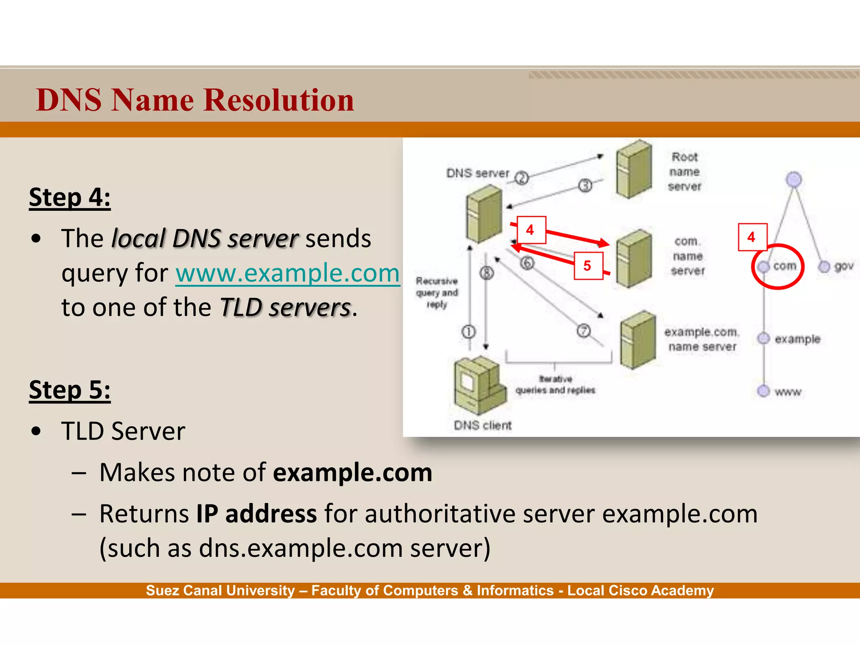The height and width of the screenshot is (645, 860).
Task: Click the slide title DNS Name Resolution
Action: click(195, 100)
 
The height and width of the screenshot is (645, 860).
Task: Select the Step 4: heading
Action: click(70, 197)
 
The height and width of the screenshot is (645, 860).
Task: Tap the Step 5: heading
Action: click(70, 390)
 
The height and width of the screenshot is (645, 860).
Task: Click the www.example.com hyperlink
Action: click(288, 273)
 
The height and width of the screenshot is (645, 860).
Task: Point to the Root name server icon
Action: click(634, 169)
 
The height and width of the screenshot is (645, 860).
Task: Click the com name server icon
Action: click(634, 258)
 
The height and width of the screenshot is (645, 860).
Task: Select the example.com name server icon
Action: click(638, 340)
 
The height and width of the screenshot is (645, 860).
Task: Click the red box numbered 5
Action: click(588, 265)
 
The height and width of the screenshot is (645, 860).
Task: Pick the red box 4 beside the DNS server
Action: click(531, 230)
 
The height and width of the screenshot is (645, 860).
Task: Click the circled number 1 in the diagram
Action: click(469, 332)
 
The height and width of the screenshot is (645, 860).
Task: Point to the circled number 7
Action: click(584, 331)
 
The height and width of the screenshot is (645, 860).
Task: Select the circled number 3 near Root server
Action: click(585, 185)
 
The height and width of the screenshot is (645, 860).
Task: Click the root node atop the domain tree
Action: click(794, 179)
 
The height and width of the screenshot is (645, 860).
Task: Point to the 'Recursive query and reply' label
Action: click(437, 293)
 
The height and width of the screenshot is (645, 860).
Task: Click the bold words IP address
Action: click(257, 514)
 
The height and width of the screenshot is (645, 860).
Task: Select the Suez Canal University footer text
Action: click(430, 590)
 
